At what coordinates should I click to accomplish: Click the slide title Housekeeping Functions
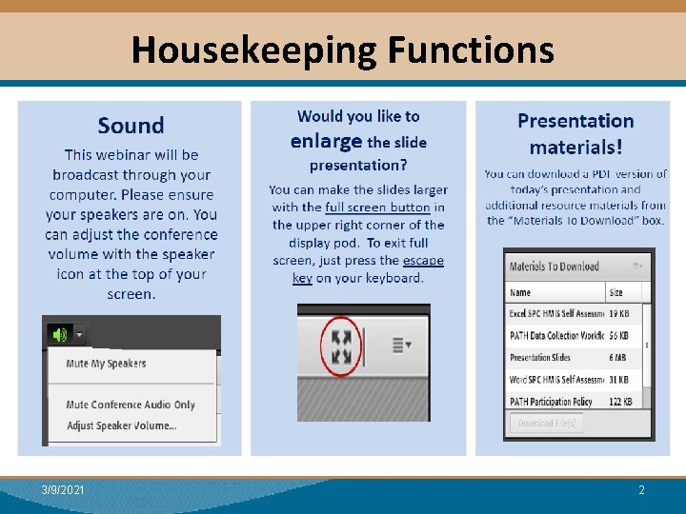342,49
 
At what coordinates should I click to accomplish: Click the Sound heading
131,126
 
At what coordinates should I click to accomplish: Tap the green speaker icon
60,334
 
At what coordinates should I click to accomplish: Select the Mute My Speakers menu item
106,364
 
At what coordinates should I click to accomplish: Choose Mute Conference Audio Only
131,405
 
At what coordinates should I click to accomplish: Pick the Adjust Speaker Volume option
121,425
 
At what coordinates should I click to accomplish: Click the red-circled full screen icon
340,346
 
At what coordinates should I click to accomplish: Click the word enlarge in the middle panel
326,142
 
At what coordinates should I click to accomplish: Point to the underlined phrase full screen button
377,208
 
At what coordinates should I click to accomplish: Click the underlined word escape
423,261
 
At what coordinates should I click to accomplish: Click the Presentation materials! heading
575,133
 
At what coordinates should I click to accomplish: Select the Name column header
520,292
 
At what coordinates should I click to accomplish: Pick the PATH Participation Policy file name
551,401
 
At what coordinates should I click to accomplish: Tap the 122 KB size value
620,401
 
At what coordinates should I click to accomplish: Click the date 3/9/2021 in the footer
63,490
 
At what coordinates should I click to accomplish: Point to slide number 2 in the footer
641,490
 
